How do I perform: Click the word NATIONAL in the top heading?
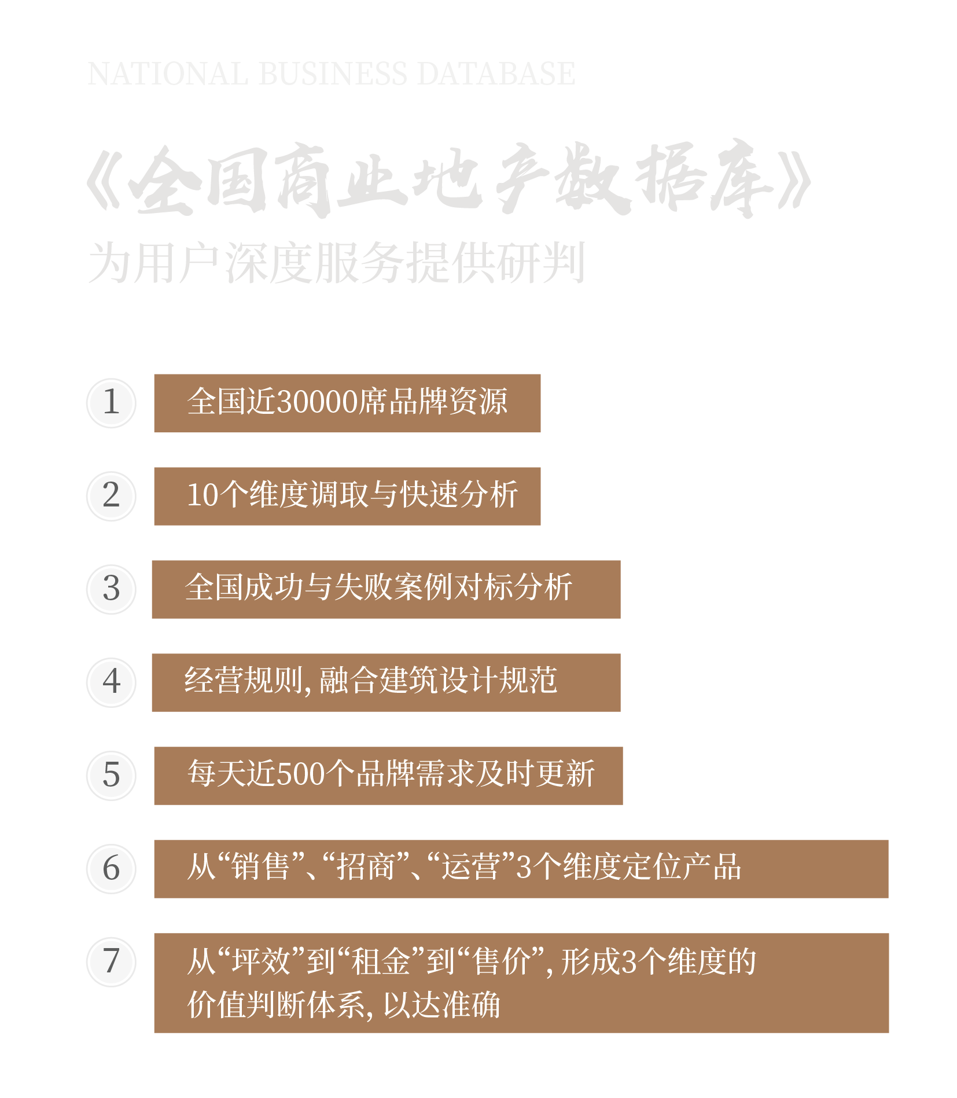tap(167, 74)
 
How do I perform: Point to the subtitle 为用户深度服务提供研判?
tap(336, 263)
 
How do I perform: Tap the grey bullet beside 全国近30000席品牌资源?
tap(111, 403)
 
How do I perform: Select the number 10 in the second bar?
tap(203, 495)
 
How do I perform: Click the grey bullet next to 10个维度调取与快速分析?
tap(111, 497)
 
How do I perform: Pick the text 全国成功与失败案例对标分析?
tap(378, 588)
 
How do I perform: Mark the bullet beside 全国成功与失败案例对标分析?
tap(111, 590)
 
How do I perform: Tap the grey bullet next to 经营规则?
tap(111, 683)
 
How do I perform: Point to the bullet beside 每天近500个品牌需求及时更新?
tap(111, 776)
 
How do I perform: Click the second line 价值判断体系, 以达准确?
tap(344, 1005)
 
